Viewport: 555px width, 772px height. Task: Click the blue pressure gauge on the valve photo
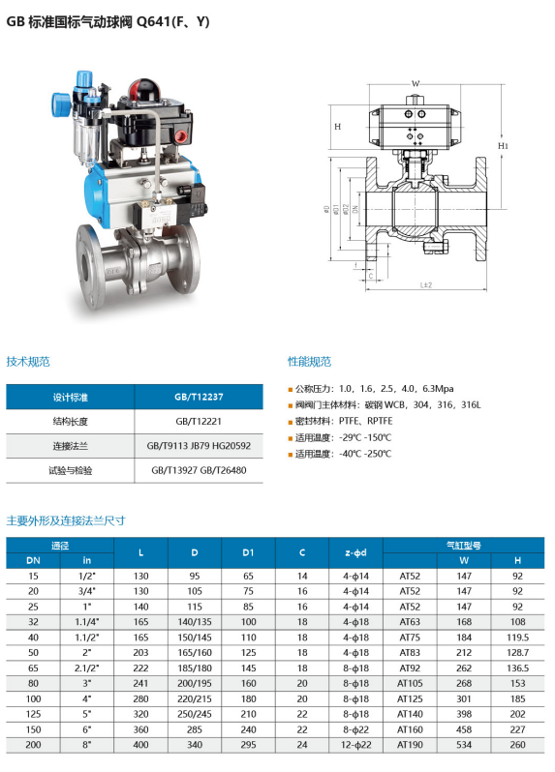click(x=62, y=104)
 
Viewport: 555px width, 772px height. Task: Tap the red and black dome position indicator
click(x=146, y=90)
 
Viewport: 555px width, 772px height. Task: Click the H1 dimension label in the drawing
click(x=503, y=146)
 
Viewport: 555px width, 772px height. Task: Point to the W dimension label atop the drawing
click(x=416, y=84)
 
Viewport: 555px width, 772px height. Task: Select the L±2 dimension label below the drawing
click(x=426, y=285)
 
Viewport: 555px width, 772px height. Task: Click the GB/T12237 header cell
click(x=199, y=397)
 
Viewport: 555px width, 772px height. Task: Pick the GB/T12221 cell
click(x=199, y=422)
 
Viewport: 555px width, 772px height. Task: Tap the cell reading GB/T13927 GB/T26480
click(x=199, y=470)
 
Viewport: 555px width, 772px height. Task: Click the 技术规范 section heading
click(x=28, y=362)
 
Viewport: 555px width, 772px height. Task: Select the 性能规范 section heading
click(x=310, y=362)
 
